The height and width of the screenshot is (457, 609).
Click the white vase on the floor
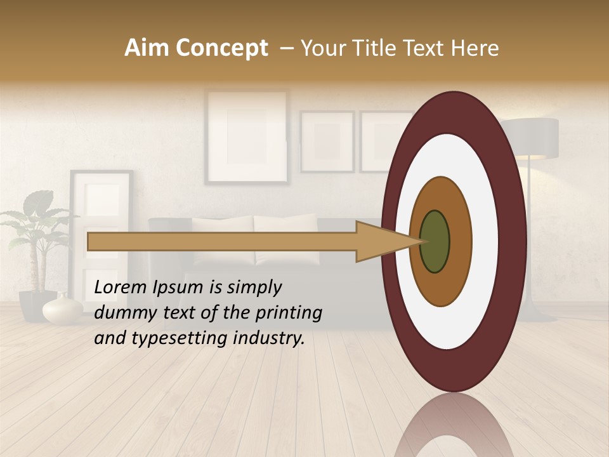point(62,310)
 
